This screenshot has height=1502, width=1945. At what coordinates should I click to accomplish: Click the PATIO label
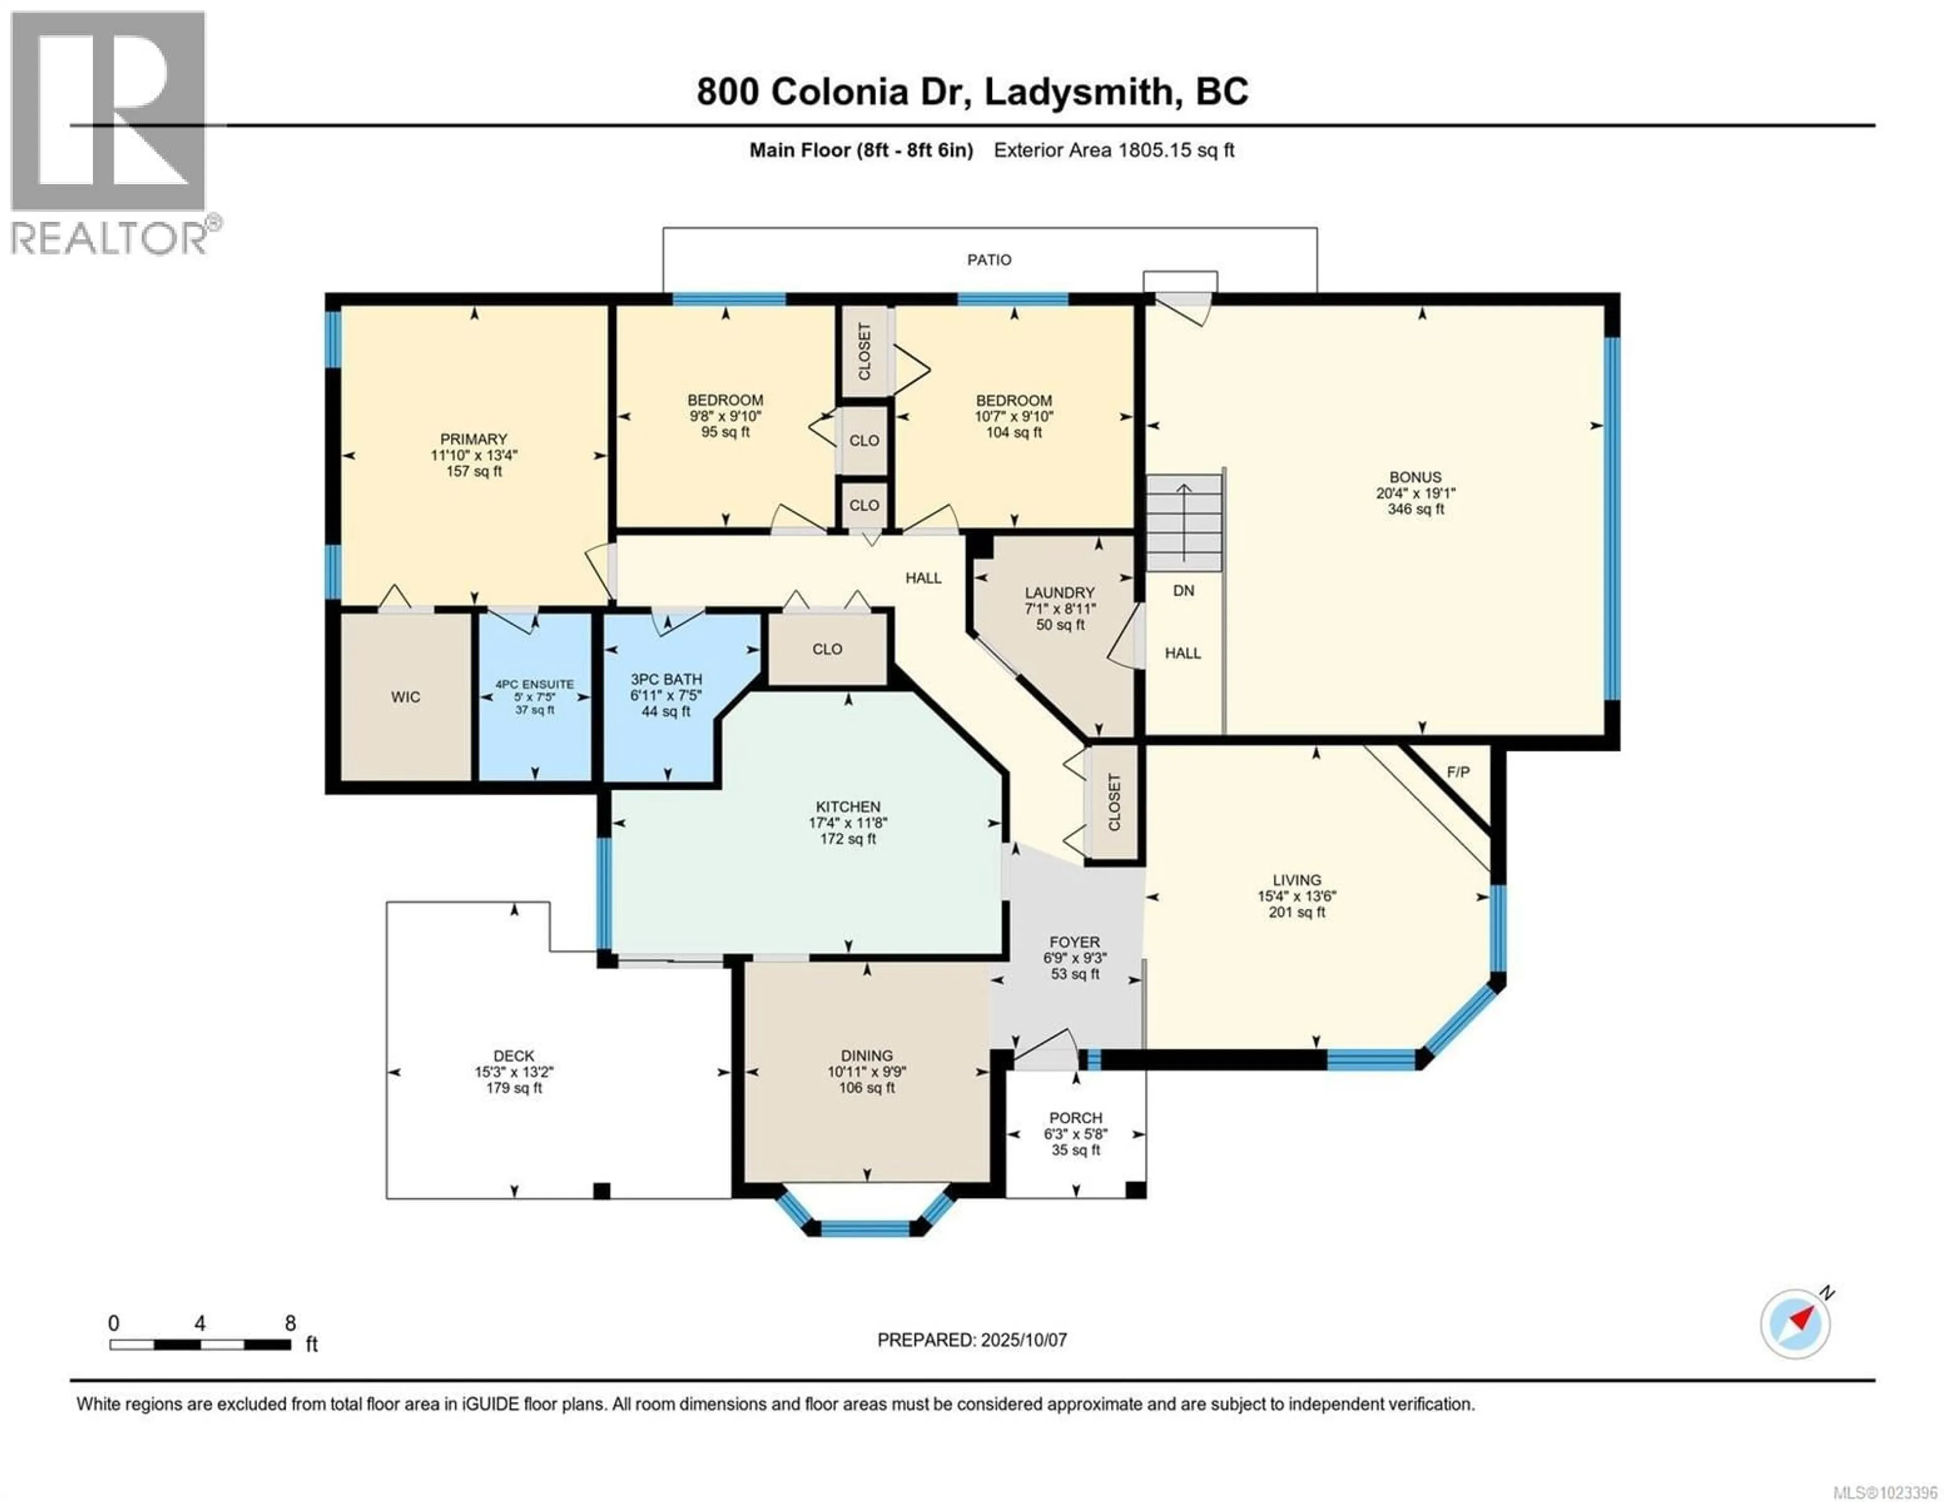point(989,260)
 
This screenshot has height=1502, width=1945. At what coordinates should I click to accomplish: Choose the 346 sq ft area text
point(1415,509)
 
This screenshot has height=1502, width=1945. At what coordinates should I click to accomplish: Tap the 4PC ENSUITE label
point(534,684)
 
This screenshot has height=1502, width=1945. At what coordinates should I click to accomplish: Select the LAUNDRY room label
point(1059,592)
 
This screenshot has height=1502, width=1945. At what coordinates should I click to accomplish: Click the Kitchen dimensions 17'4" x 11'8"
point(848,823)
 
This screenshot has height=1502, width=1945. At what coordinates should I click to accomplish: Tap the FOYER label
point(1074,941)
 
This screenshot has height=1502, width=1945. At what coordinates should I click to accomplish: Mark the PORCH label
point(1075,1117)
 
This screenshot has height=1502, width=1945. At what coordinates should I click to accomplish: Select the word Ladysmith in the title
point(1077,92)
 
